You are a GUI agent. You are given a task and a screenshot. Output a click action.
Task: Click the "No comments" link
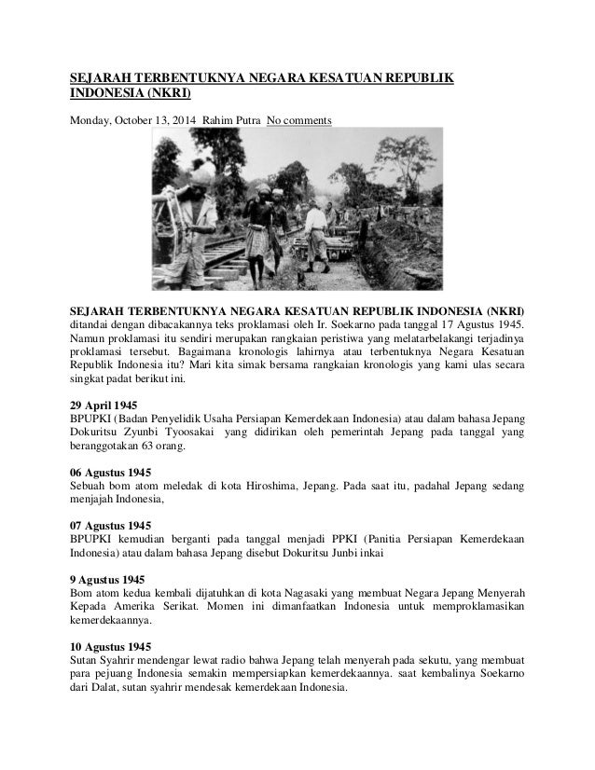[x=298, y=120]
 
